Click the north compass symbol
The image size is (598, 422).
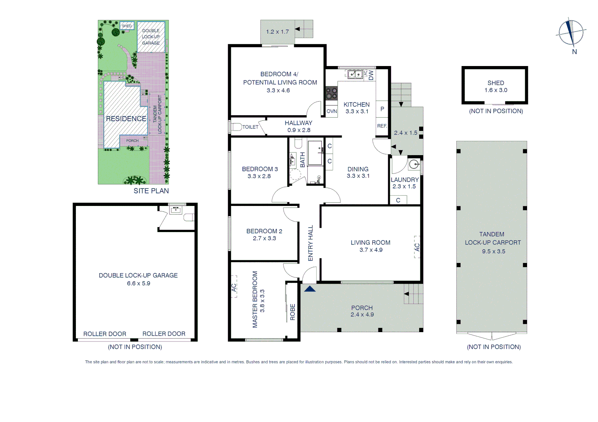tap(571, 33)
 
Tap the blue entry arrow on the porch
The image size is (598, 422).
tap(310, 289)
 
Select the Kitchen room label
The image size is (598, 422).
tap(356, 105)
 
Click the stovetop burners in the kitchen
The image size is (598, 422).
tap(331, 93)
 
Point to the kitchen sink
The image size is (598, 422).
tap(355, 74)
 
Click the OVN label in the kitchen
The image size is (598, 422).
tap(331, 111)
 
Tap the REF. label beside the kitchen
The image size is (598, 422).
tap(382, 126)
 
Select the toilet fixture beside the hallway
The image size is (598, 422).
tap(236, 127)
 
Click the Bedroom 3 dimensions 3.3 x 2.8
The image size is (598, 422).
tap(259, 176)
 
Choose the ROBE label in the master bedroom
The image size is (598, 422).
tap(292, 312)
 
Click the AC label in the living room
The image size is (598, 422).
tap(417, 247)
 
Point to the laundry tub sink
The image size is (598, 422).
tap(414, 165)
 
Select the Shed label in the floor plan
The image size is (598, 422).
tap(495, 83)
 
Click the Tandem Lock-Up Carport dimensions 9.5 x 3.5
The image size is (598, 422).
tap(493, 251)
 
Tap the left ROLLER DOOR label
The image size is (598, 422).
tap(104, 334)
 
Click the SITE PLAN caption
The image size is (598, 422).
tap(151, 191)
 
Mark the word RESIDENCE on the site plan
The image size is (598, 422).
tap(126, 118)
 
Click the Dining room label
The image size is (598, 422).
tap(358, 169)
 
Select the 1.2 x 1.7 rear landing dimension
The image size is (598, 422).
tap(277, 32)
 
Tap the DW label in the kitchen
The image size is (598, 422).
tap(371, 75)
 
